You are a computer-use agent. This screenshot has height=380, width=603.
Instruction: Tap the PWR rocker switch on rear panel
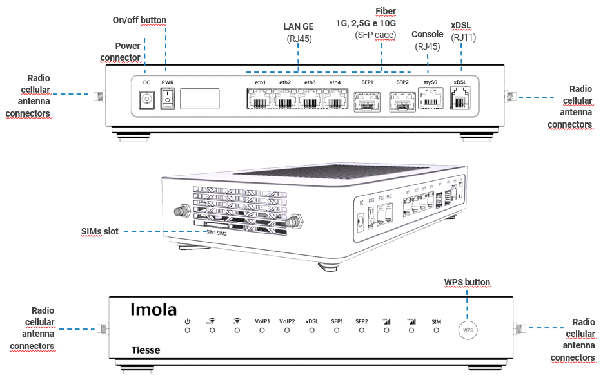point(168,99)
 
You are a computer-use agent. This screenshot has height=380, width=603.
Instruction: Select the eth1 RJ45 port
point(259,100)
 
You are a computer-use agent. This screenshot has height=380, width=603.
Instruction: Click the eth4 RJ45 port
point(335,100)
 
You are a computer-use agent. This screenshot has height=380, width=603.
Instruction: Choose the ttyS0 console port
point(430,100)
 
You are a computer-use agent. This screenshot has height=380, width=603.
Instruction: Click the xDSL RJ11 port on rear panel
point(460,100)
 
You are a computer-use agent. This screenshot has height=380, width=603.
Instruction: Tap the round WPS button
point(468,330)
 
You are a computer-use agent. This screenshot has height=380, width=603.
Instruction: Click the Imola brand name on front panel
point(153,310)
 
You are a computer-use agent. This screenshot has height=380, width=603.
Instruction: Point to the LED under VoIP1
point(262,330)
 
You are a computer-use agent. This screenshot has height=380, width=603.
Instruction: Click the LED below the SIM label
point(437,330)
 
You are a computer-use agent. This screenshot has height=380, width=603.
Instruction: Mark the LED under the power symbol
point(187,330)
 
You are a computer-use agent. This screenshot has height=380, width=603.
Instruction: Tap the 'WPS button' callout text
point(467,282)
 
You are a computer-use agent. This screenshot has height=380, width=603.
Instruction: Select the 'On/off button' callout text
point(139,21)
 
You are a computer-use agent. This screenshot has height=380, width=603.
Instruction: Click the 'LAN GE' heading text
point(299,27)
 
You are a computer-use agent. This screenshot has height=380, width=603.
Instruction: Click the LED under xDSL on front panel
point(311,330)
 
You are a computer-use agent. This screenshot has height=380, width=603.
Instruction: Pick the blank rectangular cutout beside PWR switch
point(200,99)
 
